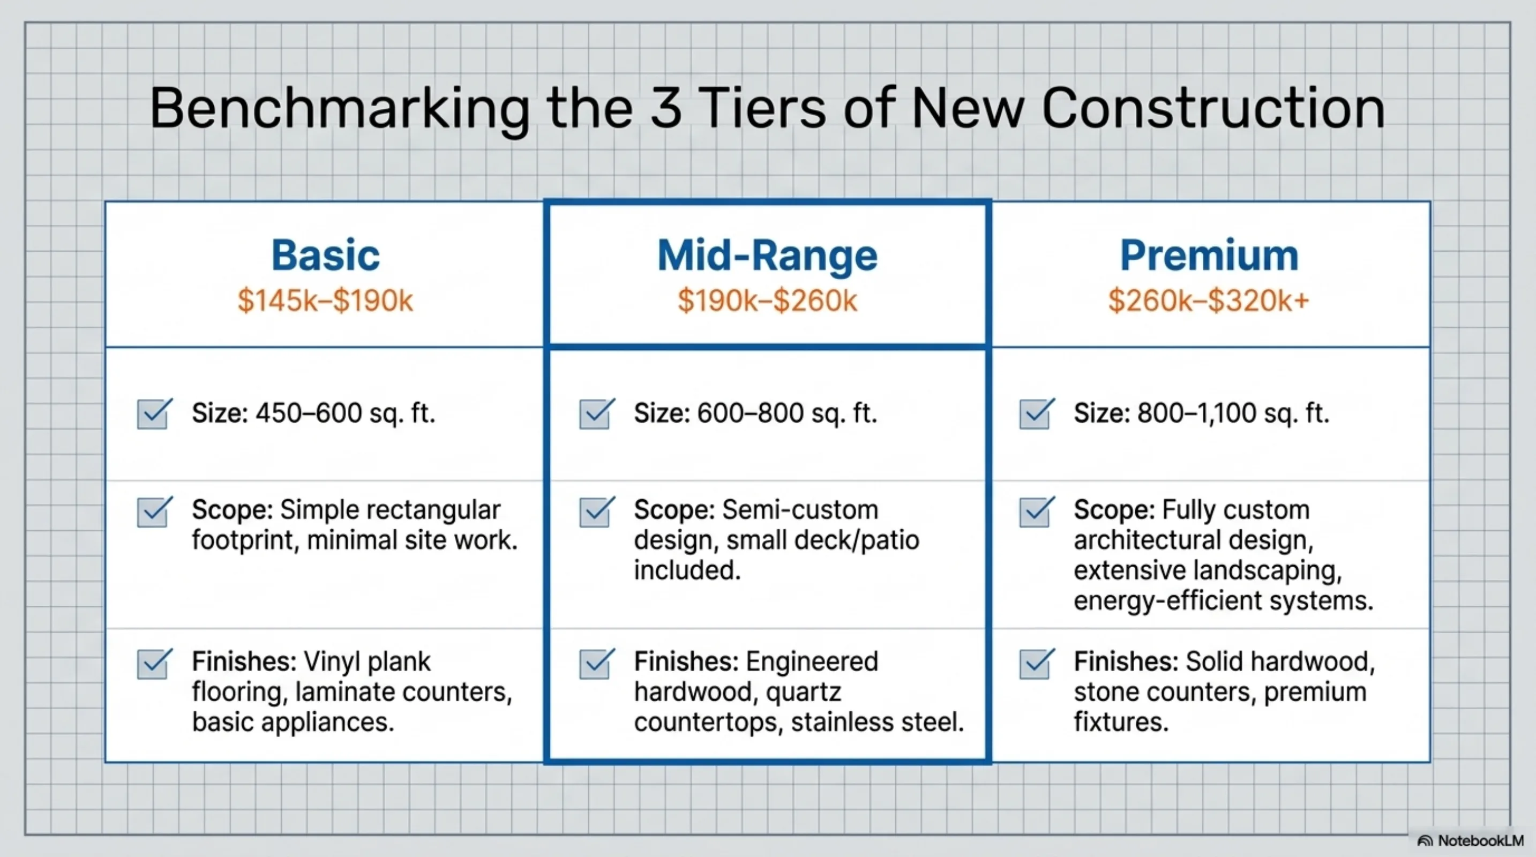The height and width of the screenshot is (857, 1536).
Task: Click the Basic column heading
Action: pos(326,255)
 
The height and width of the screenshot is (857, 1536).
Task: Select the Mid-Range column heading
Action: pos(767,255)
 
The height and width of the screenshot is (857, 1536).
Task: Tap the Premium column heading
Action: pos(1209,256)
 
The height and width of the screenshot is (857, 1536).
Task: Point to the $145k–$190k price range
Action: pos(326,300)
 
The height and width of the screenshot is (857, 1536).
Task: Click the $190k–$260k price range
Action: pos(767,300)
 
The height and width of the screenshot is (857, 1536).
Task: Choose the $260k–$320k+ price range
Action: pos(1209,300)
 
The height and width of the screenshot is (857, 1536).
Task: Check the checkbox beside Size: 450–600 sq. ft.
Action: pos(155,414)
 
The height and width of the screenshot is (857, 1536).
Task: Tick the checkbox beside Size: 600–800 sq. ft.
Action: pos(597,414)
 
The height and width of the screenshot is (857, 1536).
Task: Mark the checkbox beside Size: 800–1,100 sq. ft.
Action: pos(1037,414)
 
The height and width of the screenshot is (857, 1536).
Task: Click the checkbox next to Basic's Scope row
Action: pos(155,512)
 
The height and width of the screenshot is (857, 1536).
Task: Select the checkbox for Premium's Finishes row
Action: pos(1037,663)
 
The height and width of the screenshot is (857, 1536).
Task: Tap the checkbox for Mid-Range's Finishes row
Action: pos(597,663)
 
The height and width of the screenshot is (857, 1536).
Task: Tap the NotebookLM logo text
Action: pos(1480,841)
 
